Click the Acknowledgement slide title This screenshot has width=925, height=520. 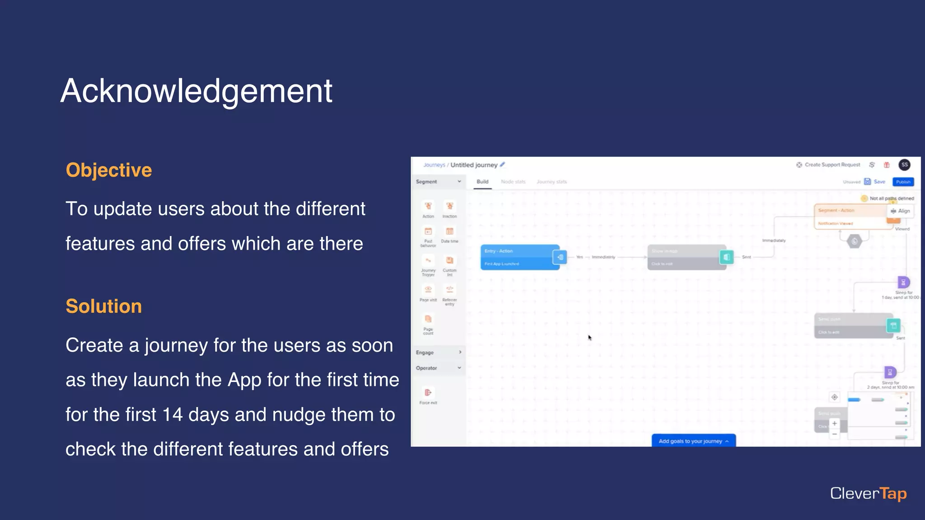[x=196, y=91]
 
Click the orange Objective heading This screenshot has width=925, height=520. [x=109, y=170]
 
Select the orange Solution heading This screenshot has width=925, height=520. [x=103, y=306]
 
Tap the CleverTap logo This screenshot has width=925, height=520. [x=868, y=494]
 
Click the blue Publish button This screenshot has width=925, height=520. [x=903, y=182]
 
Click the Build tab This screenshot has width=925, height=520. [x=482, y=182]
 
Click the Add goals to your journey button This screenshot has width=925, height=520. [x=693, y=441]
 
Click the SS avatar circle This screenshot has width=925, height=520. [x=904, y=165]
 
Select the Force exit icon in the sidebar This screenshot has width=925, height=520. [x=428, y=393]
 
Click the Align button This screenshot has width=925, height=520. [x=901, y=211]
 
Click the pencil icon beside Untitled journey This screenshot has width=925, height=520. [x=502, y=165]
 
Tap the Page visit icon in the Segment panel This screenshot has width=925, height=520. [x=428, y=290]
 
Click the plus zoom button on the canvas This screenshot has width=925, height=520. [x=834, y=423]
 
